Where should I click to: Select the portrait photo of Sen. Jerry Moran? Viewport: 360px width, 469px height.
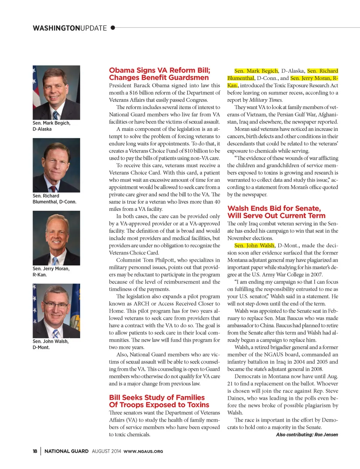(x=56, y=238)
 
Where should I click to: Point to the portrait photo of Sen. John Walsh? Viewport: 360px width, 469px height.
(x=56, y=311)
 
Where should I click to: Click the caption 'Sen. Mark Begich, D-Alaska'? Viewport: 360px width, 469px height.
(x=51, y=126)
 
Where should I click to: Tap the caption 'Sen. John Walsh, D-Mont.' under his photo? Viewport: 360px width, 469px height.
(x=51, y=344)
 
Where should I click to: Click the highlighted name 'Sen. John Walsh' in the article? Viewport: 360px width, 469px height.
(x=254, y=246)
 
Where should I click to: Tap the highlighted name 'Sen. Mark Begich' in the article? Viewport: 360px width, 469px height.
(x=256, y=71)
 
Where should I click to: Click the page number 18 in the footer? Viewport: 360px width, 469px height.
(x=35, y=451)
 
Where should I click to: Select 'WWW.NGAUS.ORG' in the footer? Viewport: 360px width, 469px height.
(x=143, y=451)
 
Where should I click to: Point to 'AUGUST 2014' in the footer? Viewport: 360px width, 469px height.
(x=106, y=451)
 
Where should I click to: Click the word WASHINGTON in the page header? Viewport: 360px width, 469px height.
(x=56, y=28)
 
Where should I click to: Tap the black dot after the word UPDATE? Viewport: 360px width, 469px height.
(x=113, y=28)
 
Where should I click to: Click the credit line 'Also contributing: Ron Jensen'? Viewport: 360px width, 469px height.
(x=307, y=435)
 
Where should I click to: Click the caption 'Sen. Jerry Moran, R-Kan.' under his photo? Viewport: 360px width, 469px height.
(x=51, y=271)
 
